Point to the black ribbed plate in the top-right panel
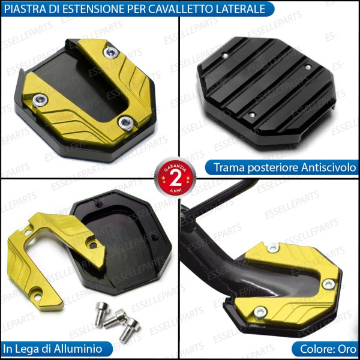[x=267, y=84]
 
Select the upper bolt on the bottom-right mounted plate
[x=273, y=247]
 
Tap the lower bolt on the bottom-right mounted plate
[x=260, y=311]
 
